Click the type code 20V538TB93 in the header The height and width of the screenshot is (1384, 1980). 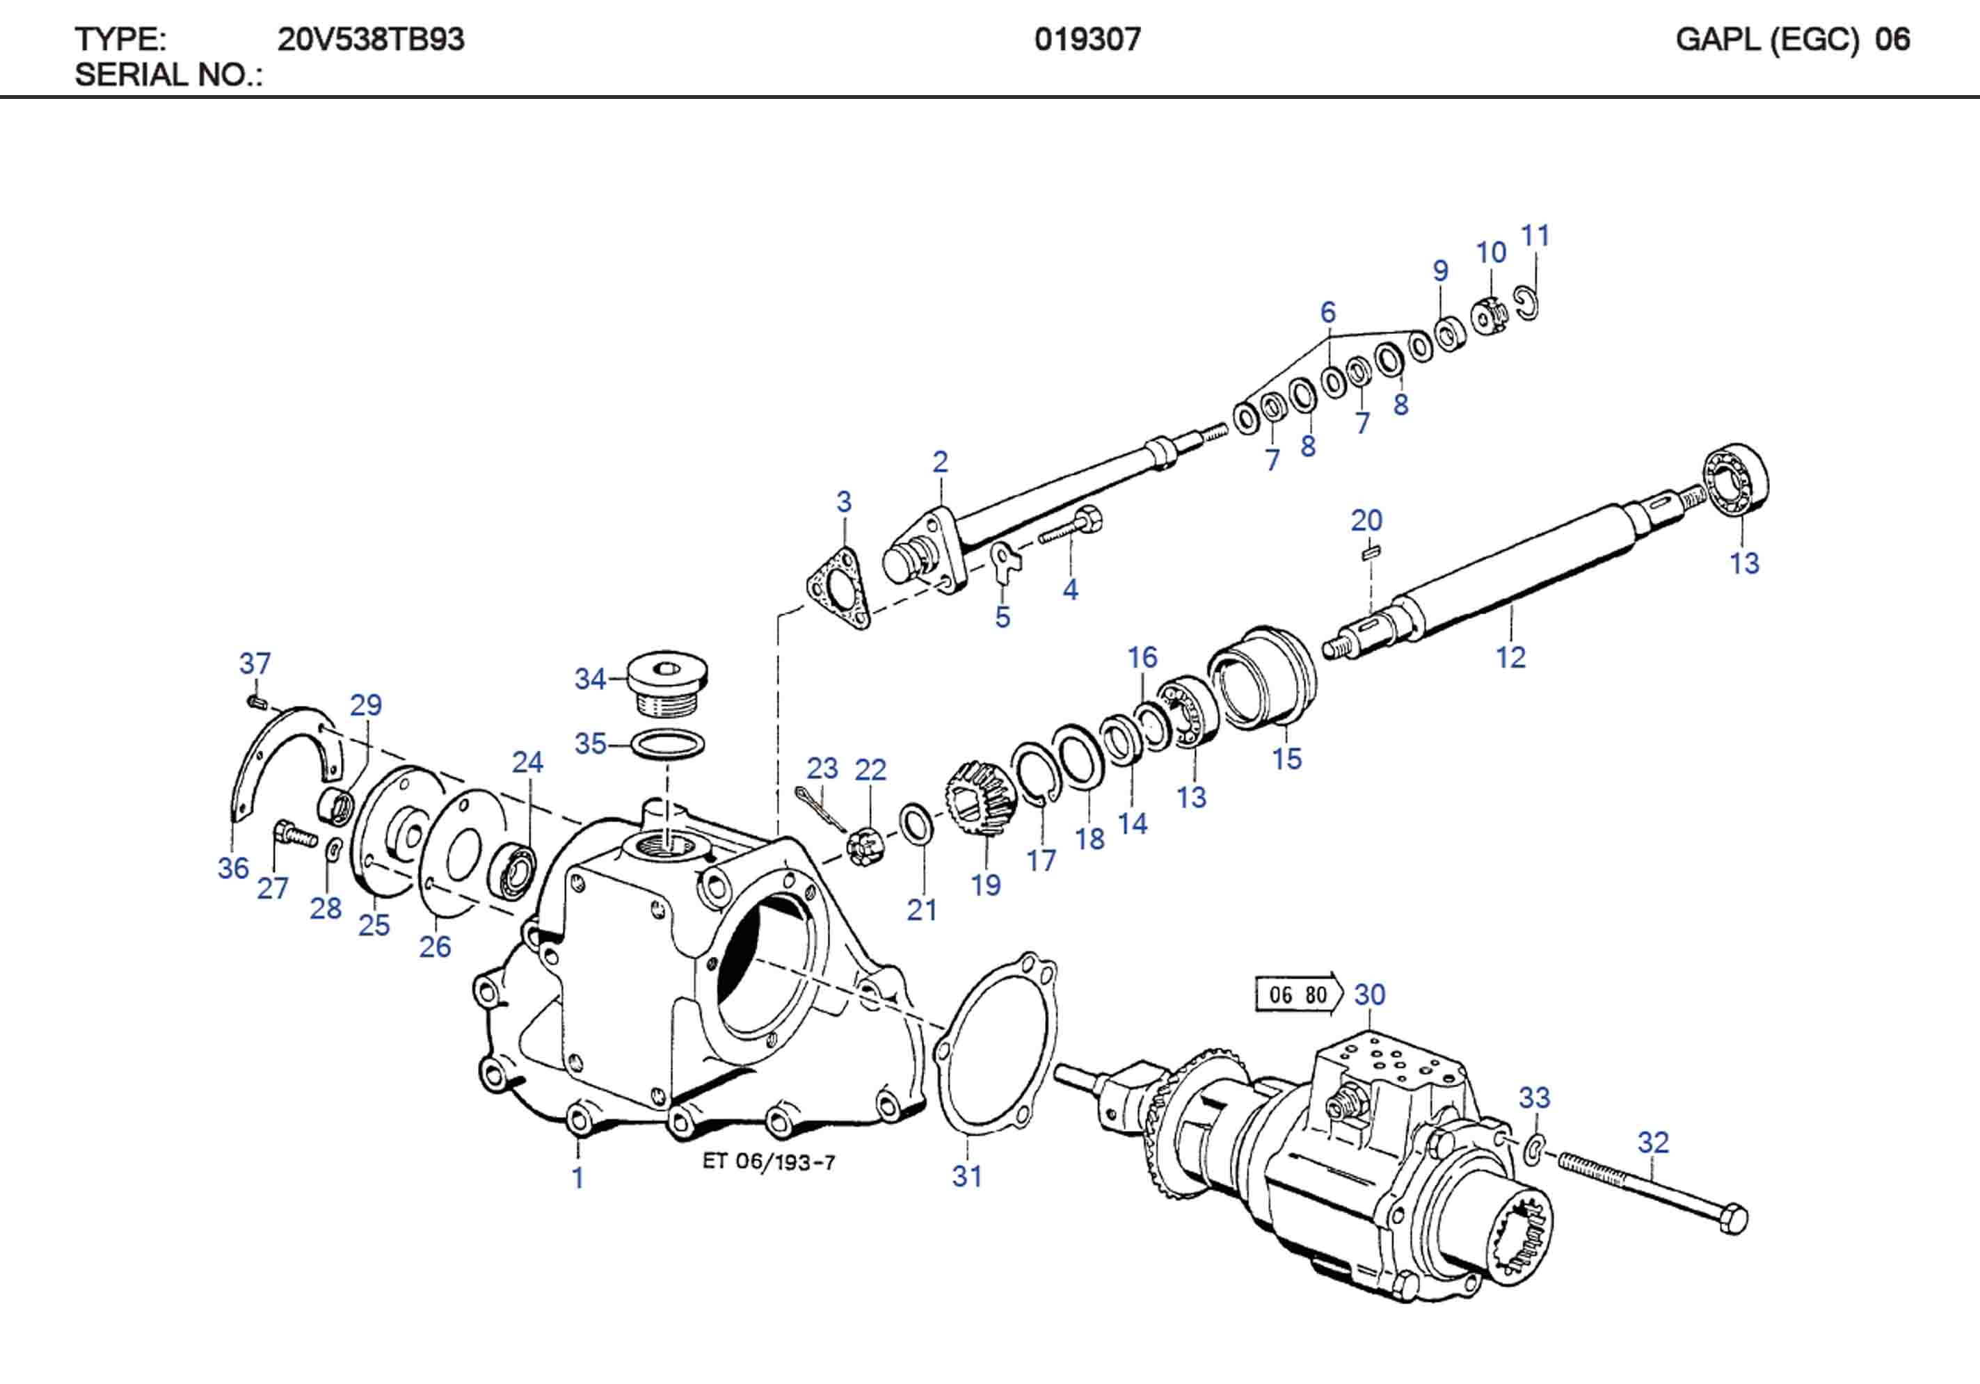(371, 40)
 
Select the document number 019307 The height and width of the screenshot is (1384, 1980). (1087, 40)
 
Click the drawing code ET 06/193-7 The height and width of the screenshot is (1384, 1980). (768, 1162)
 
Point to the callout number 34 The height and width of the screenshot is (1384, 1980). (590, 679)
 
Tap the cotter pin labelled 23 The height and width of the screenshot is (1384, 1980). (820, 808)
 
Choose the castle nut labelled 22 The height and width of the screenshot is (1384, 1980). (864, 847)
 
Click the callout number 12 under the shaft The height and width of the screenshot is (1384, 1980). (1510, 658)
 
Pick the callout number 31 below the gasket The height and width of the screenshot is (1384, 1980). (967, 1176)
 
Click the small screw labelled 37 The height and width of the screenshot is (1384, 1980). (255, 702)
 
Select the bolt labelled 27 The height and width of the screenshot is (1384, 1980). (293, 835)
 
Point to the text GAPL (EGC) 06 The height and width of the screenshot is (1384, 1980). (1792, 40)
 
